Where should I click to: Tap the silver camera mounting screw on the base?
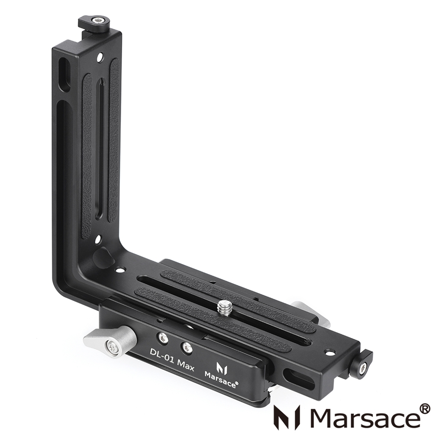point(225,308)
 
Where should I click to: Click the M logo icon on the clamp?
point(222,368)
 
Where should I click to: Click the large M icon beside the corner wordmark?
point(287,417)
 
